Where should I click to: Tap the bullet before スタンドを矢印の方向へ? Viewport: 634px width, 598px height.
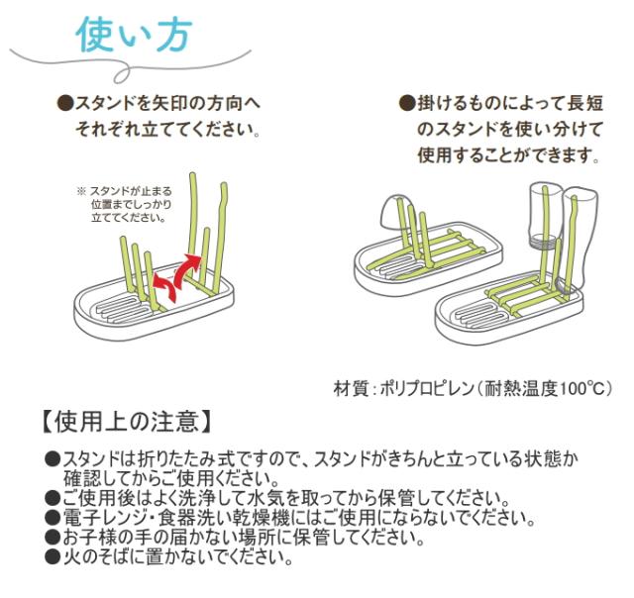tap(65, 103)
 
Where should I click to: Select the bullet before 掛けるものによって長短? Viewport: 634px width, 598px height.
tap(405, 103)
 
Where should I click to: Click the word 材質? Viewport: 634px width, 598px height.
tap(350, 387)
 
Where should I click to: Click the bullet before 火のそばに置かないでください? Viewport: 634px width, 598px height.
tap(53, 556)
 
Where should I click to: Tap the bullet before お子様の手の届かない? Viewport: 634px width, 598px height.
tap(53, 539)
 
